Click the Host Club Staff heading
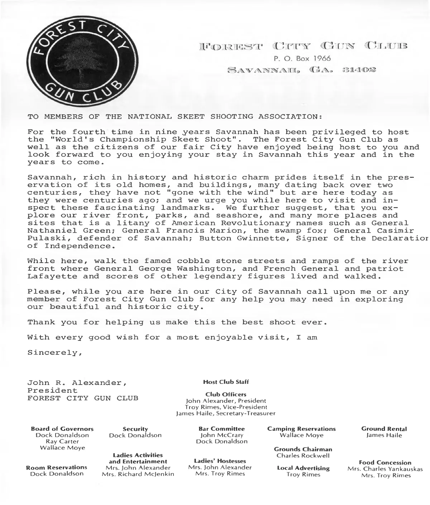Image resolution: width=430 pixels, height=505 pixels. click(x=226, y=382)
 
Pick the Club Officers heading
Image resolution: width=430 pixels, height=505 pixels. click(x=226, y=395)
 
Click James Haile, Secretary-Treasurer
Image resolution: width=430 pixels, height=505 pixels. click(x=226, y=414)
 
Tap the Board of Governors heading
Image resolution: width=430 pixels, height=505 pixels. click(x=62, y=429)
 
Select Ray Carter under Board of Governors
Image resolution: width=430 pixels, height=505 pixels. click(x=62, y=442)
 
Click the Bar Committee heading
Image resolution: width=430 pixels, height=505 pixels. click(x=222, y=429)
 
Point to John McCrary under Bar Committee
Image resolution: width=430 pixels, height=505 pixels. click(x=222, y=435)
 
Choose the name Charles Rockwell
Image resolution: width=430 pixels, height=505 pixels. click(x=303, y=456)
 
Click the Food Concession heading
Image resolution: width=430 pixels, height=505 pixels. click(x=385, y=463)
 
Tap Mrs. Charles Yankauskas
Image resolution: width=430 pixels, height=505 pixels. click(x=385, y=469)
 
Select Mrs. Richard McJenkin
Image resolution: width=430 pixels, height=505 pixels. click(x=138, y=474)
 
